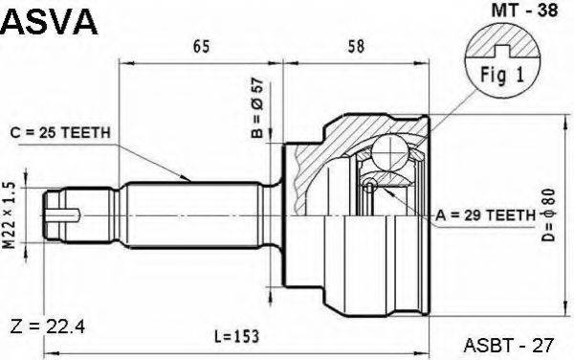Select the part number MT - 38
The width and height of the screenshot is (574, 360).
point(524,10)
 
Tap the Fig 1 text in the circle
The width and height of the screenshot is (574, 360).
point(502,75)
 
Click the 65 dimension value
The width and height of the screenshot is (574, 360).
point(201,47)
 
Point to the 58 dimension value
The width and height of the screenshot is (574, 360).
point(356,46)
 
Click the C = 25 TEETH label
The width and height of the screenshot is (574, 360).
point(60,132)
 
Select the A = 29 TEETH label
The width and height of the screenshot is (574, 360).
point(485,215)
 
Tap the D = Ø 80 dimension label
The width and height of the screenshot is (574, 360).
point(549,215)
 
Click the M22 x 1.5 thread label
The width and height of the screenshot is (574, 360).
point(10,215)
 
